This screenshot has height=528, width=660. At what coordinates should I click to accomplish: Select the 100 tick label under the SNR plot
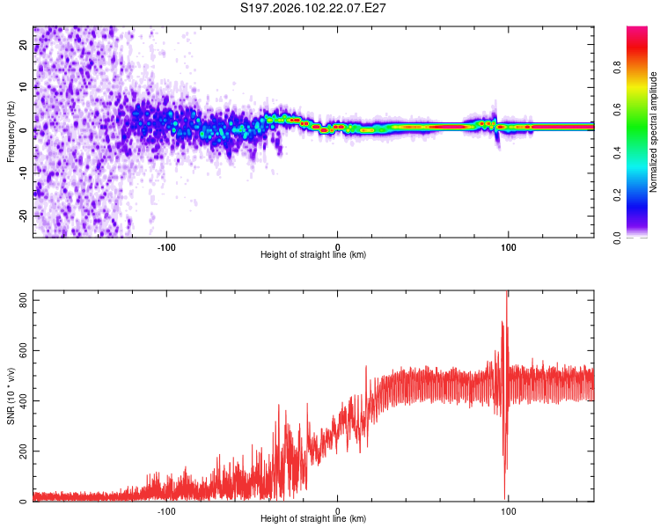point(508,511)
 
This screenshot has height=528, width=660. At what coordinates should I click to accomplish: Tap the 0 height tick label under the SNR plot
point(338,511)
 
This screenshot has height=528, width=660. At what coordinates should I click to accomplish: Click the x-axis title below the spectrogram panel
point(313,255)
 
